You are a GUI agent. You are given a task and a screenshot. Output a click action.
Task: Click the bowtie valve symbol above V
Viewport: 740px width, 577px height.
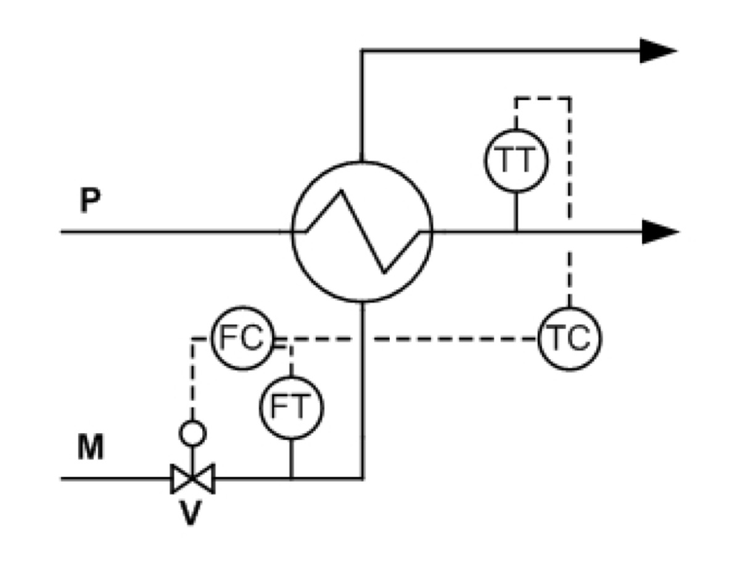point(193,478)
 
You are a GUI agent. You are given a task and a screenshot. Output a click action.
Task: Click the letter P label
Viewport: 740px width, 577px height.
point(90,200)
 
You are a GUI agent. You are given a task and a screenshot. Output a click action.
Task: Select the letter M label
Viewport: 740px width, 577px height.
point(90,447)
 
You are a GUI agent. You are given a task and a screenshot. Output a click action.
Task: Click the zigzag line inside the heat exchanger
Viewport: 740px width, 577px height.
point(363,232)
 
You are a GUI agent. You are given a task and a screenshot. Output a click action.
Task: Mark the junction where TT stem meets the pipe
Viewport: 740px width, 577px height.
point(516,232)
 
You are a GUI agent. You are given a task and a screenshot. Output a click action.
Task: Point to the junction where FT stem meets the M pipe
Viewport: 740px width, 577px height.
point(292,478)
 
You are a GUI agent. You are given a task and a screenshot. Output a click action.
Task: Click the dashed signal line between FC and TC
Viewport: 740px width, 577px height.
point(405,339)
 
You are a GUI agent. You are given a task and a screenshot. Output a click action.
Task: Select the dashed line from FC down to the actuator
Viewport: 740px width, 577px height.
point(193,375)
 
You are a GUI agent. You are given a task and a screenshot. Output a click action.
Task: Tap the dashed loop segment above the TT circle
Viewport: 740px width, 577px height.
point(543,99)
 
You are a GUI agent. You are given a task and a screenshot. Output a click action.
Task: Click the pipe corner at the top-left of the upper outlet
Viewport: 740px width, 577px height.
point(362,51)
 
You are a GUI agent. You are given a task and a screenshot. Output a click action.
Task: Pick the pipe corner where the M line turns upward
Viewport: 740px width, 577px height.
point(363,478)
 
